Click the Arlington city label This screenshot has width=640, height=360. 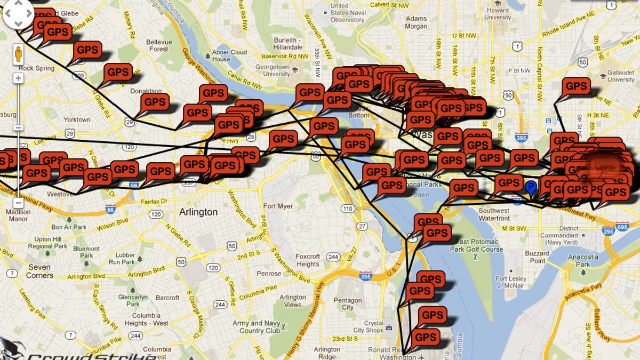198,212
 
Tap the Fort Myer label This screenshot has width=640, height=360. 278,206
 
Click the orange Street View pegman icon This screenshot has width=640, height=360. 18,54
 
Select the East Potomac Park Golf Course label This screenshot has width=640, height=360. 477,245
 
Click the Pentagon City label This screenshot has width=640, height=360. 347,304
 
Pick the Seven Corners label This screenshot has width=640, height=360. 40,271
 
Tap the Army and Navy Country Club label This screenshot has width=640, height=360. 256,327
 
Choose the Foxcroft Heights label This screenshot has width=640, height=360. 308,260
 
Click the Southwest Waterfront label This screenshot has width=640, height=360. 494,214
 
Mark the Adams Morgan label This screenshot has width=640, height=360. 416,22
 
